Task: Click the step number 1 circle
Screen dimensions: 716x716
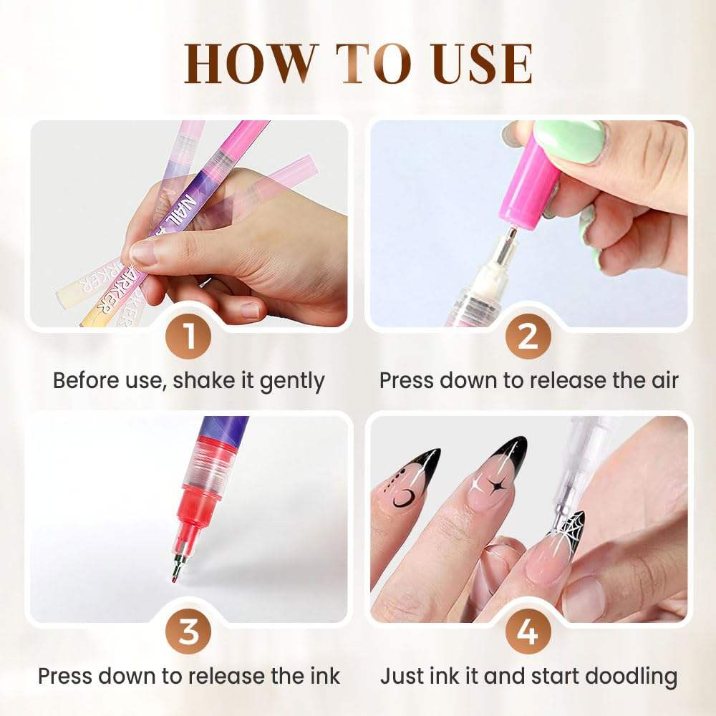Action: click(x=188, y=337)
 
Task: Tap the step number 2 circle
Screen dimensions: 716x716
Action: click(x=528, y=337)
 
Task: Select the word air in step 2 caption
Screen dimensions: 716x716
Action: click(x=660, y=380)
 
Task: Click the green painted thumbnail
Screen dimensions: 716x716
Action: click(x=571, y=140)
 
